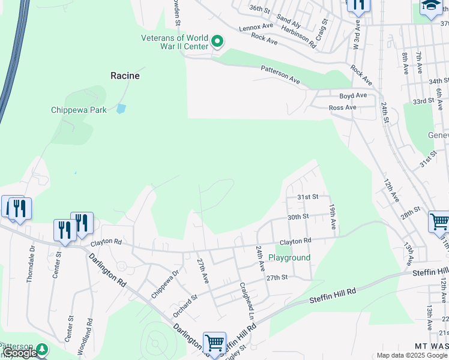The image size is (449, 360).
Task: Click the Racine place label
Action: pos(125,76)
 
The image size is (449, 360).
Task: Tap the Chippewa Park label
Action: pos(79,110)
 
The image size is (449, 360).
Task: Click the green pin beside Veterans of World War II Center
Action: pos(217,42)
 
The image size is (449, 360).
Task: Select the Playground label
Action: pos(289,257)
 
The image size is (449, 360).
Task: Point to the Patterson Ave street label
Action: pos(280,74)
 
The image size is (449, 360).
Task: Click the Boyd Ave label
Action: pos(352,95)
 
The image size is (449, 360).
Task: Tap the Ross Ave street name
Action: pos(342,107)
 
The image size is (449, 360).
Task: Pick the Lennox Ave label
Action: pos(256,27)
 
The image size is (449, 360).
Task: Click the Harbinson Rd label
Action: pos(298,37)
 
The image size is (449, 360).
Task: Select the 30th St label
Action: pos(298,217)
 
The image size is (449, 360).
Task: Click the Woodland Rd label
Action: pos(90,329)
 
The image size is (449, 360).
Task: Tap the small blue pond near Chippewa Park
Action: pos(121,109)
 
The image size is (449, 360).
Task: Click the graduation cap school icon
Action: pos(430,7)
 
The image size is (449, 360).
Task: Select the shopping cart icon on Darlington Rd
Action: pos(214,343)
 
